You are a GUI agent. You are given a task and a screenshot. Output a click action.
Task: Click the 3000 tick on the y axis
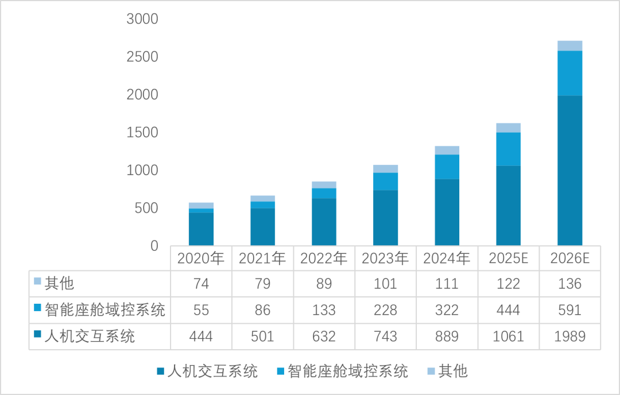[x=142, y=20]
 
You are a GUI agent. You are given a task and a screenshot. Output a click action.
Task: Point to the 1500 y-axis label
[x=142, y=133]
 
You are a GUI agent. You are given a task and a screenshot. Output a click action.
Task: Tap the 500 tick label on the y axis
[x=146, y=208]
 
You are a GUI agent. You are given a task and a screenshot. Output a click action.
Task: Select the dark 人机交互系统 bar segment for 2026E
[x=569, y=171]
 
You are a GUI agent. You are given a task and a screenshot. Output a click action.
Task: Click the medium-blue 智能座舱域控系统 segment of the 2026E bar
[x=569, y=73]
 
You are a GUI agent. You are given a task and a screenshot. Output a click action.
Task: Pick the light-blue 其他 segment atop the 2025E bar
[x=508, y=127]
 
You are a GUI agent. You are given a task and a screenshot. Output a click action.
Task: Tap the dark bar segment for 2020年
[x=201, y=229]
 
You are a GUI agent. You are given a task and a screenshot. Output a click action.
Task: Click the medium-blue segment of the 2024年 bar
[x=447, y=166]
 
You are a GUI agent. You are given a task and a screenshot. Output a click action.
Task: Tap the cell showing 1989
[x=569, y=336]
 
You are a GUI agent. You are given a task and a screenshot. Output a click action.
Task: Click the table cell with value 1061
[x=508, y=336]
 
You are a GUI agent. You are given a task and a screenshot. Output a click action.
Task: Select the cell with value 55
[x=201, y=310]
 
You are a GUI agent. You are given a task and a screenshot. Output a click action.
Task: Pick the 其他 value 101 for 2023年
[x=385, y=284]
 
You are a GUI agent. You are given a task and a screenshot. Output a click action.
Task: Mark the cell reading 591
[x=569, y=310]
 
